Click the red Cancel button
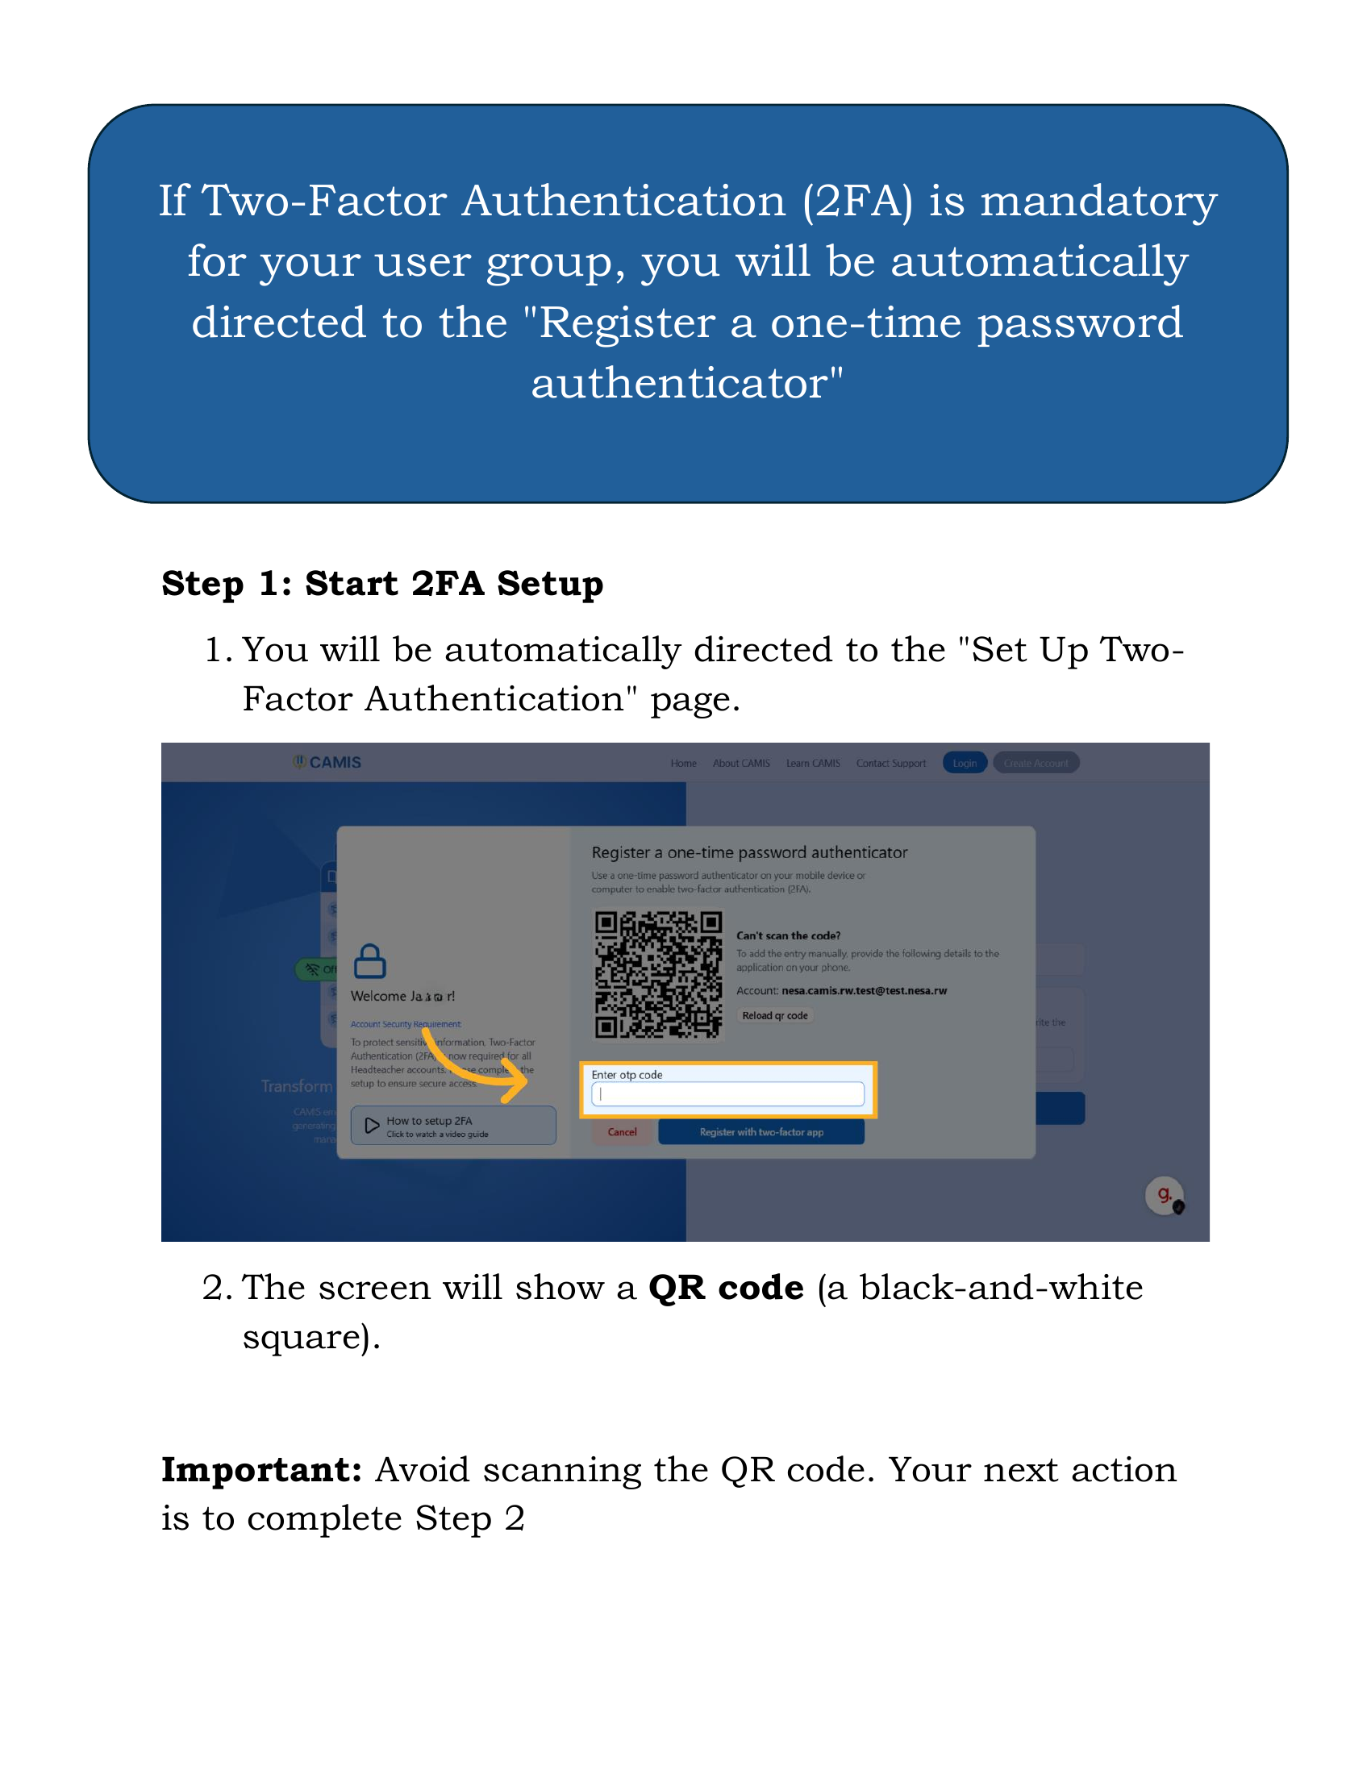pos(622,1132)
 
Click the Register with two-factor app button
pos(761,1132)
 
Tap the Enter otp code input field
pos(727,1094)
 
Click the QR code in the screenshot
pos(658,975)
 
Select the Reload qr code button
pos(775,1016)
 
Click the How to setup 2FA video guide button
pos(453,1126)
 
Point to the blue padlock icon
pos(369,962)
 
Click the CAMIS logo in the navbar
pos(327,762)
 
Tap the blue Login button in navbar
pos(964,763)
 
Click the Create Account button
pos(1036,763)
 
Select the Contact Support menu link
pos(890,764)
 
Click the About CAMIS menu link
pos(740,764)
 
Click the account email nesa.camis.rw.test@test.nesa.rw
pos(864,991)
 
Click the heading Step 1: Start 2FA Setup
pos(381,584)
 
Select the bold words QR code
pos(725,1289)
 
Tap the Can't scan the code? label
pos(788,935)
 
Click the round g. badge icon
pos(1164,1195)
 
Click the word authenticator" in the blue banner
pos(687,383)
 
